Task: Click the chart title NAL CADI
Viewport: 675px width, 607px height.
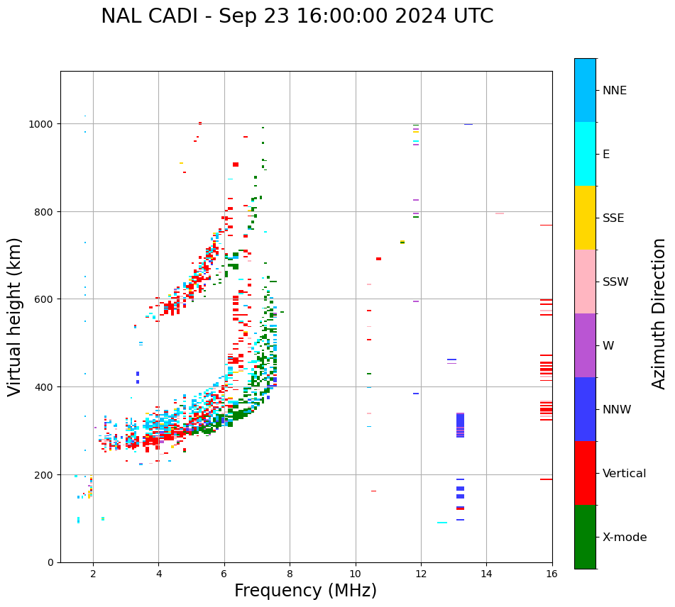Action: point(297,16)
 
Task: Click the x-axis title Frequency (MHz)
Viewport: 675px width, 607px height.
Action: point(305,591)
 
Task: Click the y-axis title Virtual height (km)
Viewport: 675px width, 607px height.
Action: point(15,316)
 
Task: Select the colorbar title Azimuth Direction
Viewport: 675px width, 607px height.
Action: point(659,313)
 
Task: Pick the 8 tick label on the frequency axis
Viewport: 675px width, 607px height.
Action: point(290,574)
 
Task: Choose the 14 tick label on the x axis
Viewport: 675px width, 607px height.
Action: point(486,574)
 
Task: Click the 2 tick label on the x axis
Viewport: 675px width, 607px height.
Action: point(93,574)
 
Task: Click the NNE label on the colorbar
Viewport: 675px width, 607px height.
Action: point(615,90)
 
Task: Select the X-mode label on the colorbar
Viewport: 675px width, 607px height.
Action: point(625,537)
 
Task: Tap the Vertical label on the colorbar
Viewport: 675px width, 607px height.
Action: point(625,473)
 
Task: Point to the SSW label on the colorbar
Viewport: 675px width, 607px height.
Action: point(615,282)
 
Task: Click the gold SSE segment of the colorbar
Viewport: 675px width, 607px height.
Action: point(585,218)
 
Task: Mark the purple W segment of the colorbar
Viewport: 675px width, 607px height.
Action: point(585,345)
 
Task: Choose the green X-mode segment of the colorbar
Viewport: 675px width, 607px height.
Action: point(585,537)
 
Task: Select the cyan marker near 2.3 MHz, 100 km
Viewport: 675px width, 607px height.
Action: point(103,518)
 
